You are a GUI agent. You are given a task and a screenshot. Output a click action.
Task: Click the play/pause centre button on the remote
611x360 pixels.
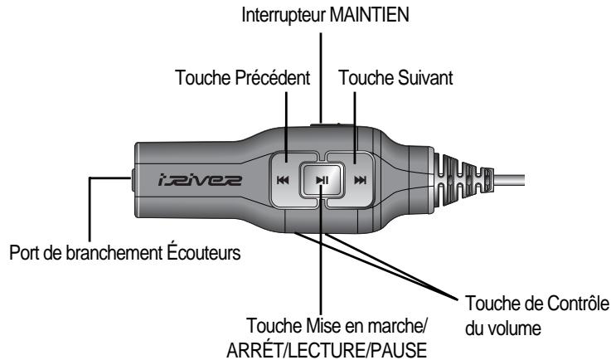[x=318, y=179]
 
